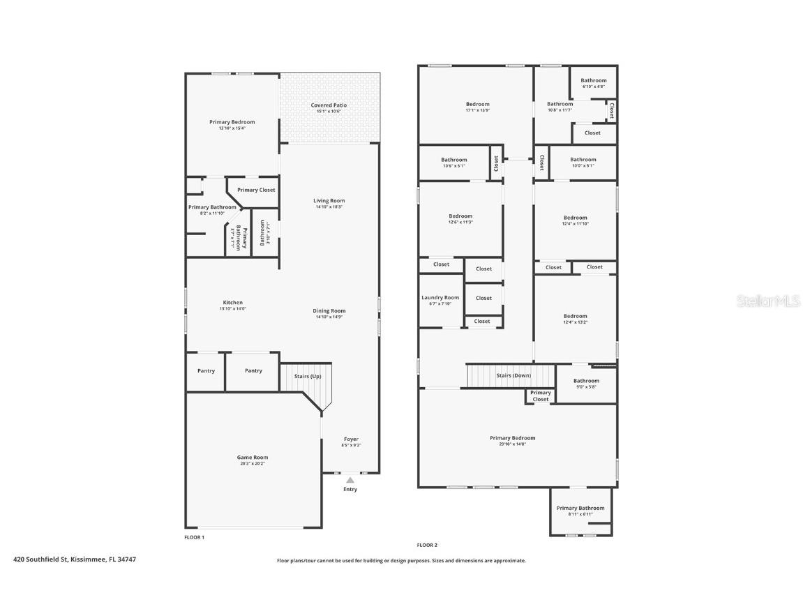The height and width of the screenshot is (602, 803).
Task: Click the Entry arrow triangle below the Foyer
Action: [x=350, y=480]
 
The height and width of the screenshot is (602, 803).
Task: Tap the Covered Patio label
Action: [x=329, y=105]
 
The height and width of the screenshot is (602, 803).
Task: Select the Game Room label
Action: [x=253, y=458]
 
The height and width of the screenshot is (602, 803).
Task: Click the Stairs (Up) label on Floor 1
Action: [x=306, y=376]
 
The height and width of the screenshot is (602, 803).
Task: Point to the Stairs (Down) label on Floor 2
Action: [x=513, y=375]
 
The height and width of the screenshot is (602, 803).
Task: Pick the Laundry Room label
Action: [x=440, y=298]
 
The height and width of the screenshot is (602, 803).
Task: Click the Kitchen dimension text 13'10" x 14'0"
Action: [x=232, y=308]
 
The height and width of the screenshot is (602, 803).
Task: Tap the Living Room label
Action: [x=329, y=201]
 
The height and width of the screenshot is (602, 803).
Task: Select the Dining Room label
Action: [x=329, y=311]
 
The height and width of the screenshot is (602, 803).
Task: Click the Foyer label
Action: [x=350, y=439]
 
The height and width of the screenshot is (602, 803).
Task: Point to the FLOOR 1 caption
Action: [x=194, y=537]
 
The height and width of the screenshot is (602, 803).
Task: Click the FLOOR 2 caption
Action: [x=427, y=545]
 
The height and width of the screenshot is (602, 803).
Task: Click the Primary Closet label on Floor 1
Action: [x=256, y=190]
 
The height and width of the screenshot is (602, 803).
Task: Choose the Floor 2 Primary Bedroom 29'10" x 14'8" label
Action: [x=513, y=438]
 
